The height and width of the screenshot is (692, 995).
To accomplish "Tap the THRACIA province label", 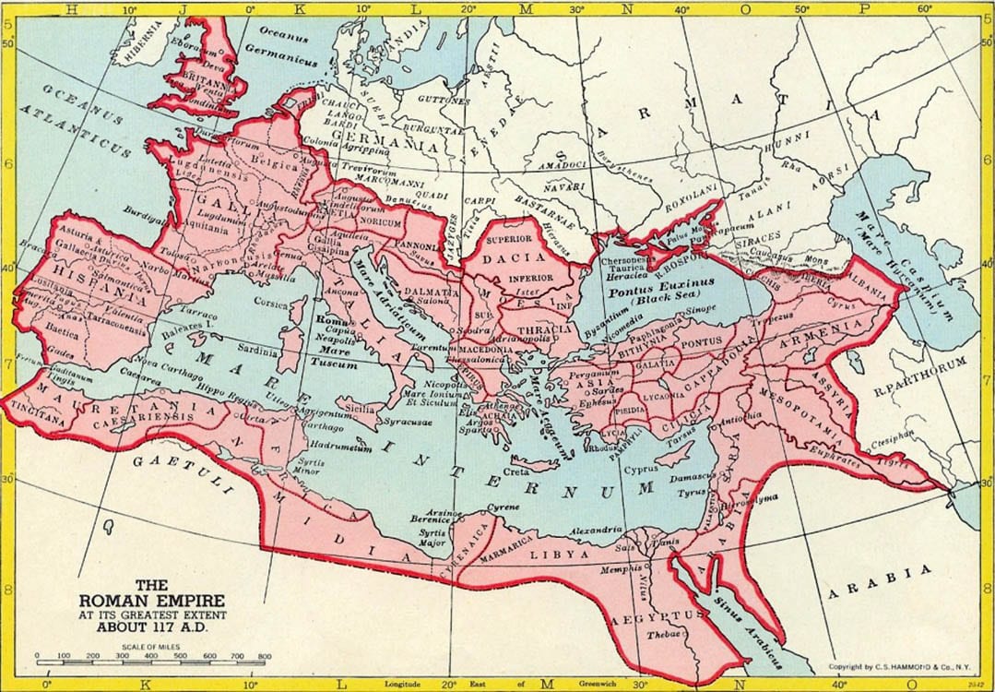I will [547, 328].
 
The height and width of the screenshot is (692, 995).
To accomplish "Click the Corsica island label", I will [274, 302].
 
